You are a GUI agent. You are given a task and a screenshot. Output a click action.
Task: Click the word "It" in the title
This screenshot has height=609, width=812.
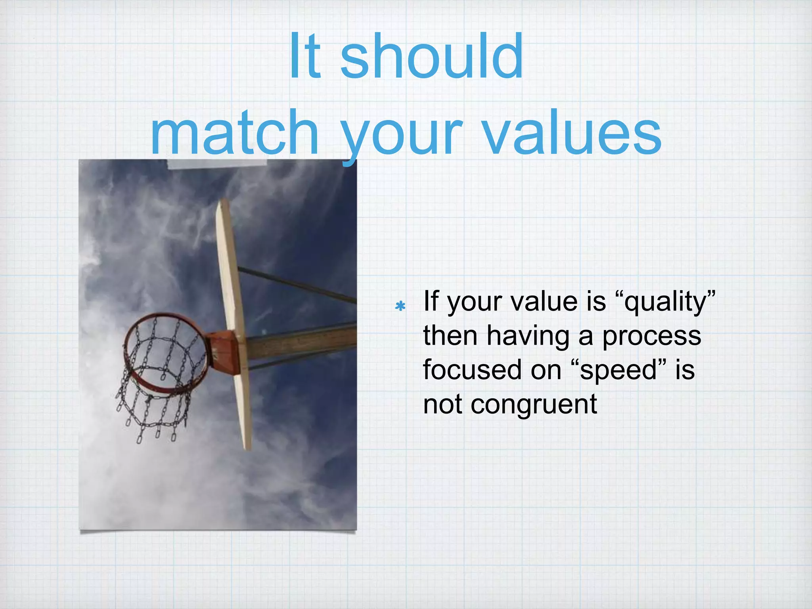[x=304, y=56]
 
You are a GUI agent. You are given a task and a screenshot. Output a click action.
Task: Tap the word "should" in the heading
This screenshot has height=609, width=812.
[x=432, y=56]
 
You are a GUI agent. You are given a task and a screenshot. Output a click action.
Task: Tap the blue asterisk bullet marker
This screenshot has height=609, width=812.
[x=400, y=306]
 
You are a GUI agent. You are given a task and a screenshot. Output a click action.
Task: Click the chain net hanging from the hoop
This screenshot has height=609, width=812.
[x=155, y=400]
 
